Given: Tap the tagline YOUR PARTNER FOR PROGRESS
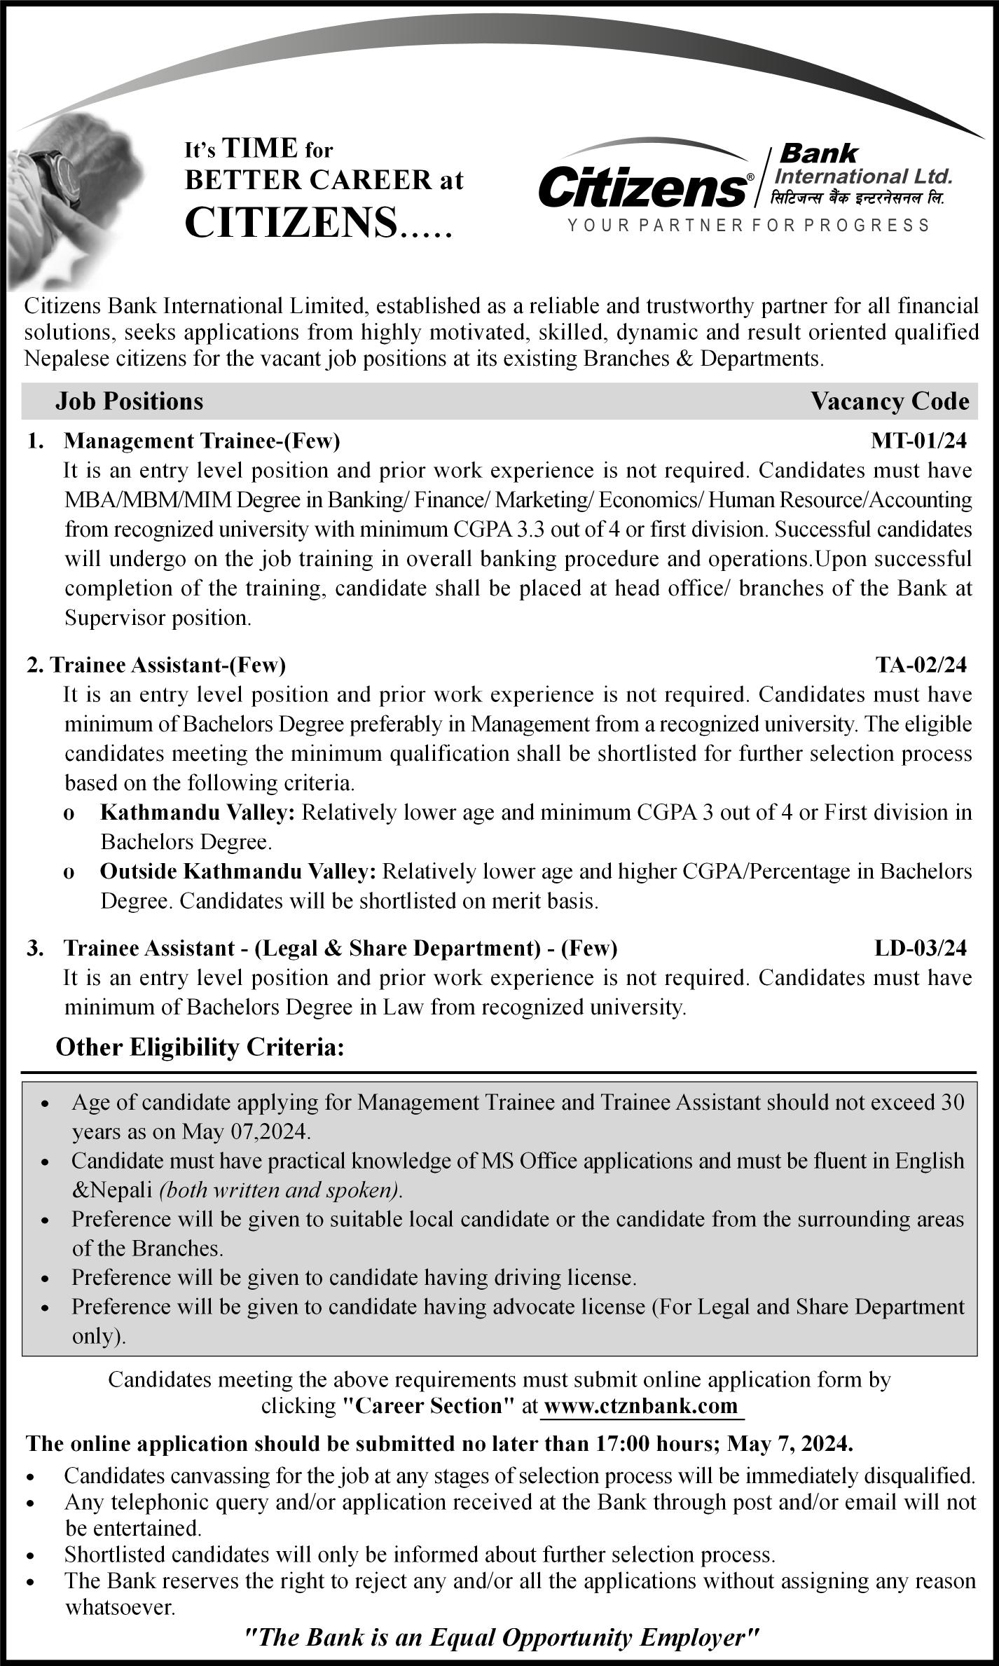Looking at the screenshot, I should tap(748, 226).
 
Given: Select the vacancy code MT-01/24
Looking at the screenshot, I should tap(918, 441).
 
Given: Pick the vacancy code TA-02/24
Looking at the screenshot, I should tap(921, 665).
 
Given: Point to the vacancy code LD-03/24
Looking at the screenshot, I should tap(920, 948).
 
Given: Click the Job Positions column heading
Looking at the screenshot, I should tap(130, 401).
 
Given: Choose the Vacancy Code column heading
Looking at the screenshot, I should tap(890, 401).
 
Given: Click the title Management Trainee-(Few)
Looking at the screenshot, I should tap(202, 441).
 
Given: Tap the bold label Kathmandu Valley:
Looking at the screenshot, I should tap(198, 813).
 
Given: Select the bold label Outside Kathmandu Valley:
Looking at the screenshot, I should tap(238, 872).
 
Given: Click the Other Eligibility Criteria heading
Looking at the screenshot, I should tap(200, 1047).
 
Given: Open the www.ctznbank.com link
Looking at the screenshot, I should tap(640, 1405).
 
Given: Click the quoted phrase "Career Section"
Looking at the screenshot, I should tap(429, 1405).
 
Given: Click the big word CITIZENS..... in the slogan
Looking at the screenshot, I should tap(318, 223).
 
